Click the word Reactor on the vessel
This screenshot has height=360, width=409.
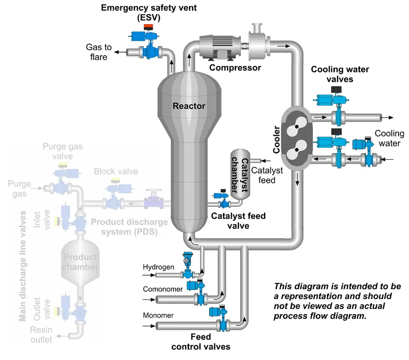pyautogui.click(x=189, y=106)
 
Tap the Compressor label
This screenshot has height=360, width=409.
pyautogui.click(x=235, y=67)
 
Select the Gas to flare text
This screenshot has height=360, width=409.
pyautogui.click(x=99, y=52)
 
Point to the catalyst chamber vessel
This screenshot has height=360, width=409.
pyautogui.click(x=240, y=174)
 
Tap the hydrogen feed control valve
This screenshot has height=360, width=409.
pyautogui.click(x=188, y=266)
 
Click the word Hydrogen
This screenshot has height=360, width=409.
pyautogui.click(x=158, y=267)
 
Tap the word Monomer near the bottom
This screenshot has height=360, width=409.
pyautogui.click(x=158, y=315)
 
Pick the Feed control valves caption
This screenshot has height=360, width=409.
pyautogui.click(x=201, y=342)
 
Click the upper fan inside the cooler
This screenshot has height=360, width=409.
pyautogui.click(x=297, y=126)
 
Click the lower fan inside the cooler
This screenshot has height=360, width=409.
pyautogui.click(x=297, y=150)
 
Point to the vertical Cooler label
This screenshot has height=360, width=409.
pyautogui.click(x=276, y=139)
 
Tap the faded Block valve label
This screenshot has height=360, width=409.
pyautogui.click(x=116, y=171)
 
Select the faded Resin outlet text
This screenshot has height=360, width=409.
pyautogui.click(x=41, y=335)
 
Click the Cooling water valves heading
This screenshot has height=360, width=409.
pyautogui.click(x=340, y=74)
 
